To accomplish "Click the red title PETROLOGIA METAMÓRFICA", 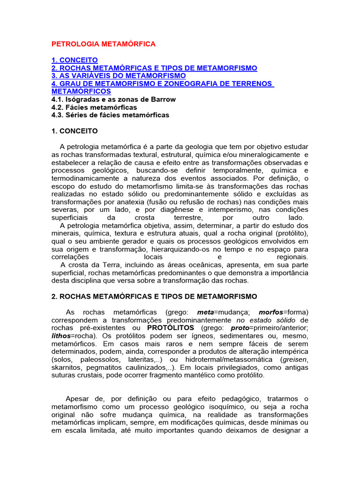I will point(103,44).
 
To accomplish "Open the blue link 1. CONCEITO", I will point(75,60).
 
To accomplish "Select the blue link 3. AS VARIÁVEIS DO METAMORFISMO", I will point(119,75).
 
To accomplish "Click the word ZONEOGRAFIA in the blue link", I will point(207,83).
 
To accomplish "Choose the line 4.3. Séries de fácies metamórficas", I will point(110,115).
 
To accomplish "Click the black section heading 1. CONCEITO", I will point(75,131).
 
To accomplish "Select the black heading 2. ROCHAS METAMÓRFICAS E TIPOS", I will point(154,296).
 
